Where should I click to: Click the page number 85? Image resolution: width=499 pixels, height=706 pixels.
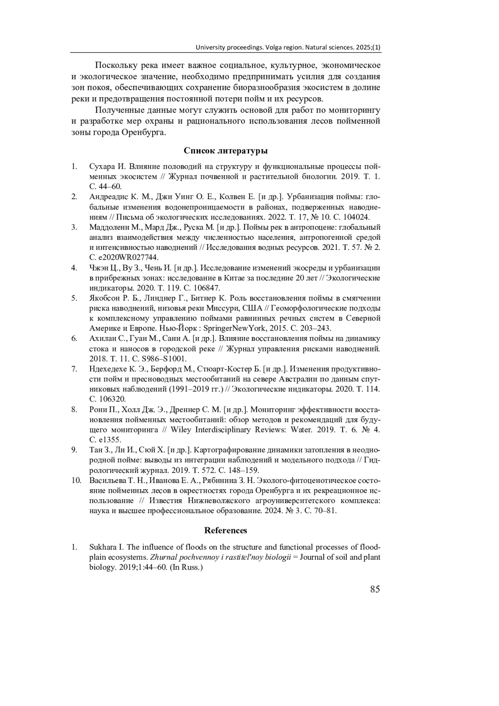tap(375, 589)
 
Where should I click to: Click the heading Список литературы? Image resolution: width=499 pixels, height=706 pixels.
tap(225, 151)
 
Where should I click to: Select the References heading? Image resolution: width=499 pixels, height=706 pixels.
tap(225, 531)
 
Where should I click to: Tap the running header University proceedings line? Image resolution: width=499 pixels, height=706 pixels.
tap(288, 47)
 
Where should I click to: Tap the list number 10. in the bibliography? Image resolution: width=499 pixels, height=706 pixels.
tap(76, 481)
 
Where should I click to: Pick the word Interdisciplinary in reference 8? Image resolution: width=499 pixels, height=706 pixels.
tap(220, 430)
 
